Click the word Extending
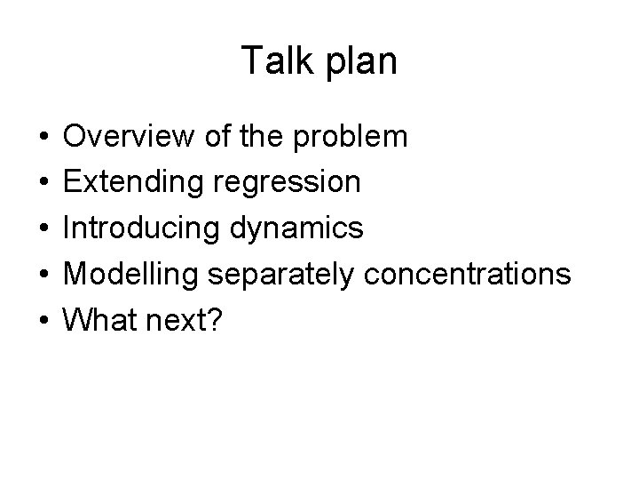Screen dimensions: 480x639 pyautogui.click(x=133, y=183)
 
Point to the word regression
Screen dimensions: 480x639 pyautogui.click(x=285, y=184)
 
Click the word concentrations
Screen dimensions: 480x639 pyautogui.click(x=463, y=275)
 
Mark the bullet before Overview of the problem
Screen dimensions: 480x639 pyautogui.click(x=43, y=138)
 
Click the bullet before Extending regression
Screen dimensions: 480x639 pyautogui.click(x=43, y=184)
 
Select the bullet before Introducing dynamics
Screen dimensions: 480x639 pyautogui.click(x=43, y=229)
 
